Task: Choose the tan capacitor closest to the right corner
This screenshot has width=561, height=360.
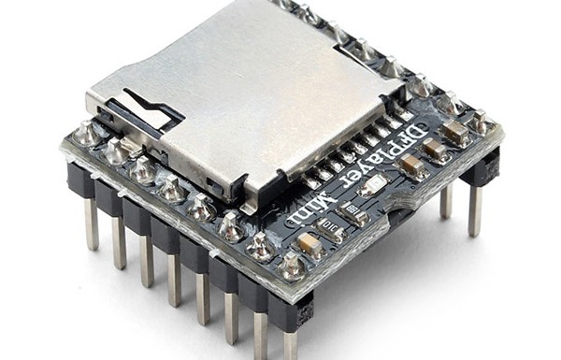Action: [455, 132]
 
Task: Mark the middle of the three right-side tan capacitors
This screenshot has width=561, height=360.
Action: [434, 150]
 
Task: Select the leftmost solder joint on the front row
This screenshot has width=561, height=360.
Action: [90, 133]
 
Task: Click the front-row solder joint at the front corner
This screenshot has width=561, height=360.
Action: [292, 267]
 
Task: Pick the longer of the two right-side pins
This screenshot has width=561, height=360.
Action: [475, 209]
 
